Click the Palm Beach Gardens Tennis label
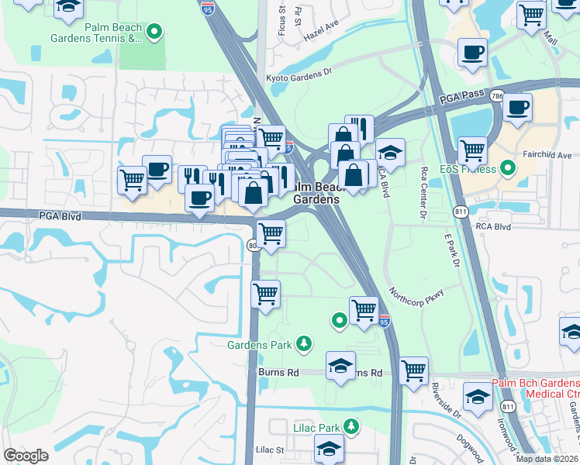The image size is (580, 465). pyautogui.click(x=96, y=32)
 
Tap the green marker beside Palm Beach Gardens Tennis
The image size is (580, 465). pyautogui.click(x=154, y=32)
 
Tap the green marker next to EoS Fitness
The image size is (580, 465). pyautogui.click(x=508, y=167)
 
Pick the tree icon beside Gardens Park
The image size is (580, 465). pyautogui.click(x=305, y=342)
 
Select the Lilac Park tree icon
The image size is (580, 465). pyautogui.click(x=351, y=426)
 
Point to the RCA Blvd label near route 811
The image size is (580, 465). pyautogui.click(x=493, y=227)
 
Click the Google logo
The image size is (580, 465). pyautogui.click(x=26, y=456)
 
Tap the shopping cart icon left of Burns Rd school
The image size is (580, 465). pyautogui.click(x=266, y=294)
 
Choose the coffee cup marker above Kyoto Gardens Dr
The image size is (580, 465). pyautogui.click(x=472, y=52)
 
